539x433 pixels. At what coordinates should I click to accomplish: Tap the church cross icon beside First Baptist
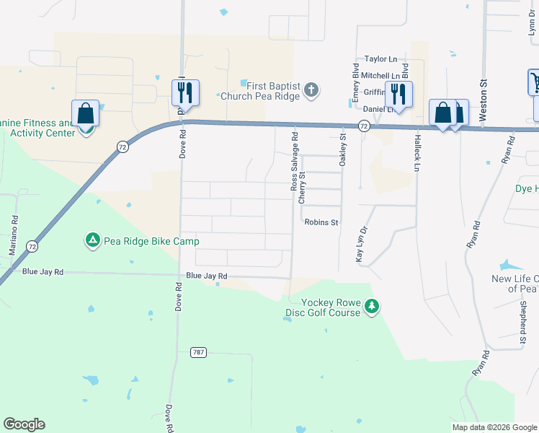[x=311, y=90]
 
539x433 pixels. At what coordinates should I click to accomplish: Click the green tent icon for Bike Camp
[x=92, y=240]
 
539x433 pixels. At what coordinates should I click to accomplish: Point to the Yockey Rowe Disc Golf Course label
[x=321, y=308]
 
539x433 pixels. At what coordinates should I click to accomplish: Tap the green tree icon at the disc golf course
[x=372, y=307]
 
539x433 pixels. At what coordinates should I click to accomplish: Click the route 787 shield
[x=200, y=352]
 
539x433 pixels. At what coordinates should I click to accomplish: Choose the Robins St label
[x=321, y=223]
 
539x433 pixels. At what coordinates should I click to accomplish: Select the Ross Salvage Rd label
[x=294, y=161]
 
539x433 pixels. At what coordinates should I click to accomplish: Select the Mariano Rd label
[x=14, y=232]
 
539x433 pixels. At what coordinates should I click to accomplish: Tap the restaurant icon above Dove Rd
[x=185, y=92]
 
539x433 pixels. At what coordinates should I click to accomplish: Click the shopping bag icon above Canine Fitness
[x=85, y=113]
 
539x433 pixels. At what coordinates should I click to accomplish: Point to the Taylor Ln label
[x=380, y=59]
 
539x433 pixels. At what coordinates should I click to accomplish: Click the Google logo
[x=24, y=424]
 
